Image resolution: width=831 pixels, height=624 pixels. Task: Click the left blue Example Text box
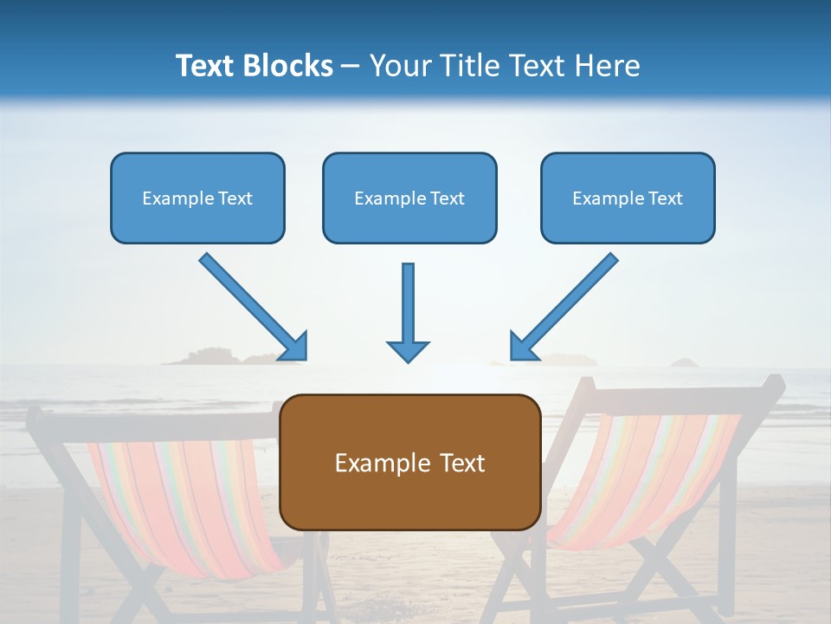pyautogui.click(x=197, y=198)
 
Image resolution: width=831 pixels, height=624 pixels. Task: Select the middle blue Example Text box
pyautogui.click(x=409, y=198)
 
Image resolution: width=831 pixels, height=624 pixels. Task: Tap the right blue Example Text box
pyautogui.click(x=628, y=198)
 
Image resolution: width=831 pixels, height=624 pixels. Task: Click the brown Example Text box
pyautogui.click(x=410, y=462)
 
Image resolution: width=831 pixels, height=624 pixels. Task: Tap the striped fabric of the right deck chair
pyautogui.click(x=641, y=477)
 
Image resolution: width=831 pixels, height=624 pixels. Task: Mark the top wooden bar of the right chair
pyautogui.click(x=675, y=392)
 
